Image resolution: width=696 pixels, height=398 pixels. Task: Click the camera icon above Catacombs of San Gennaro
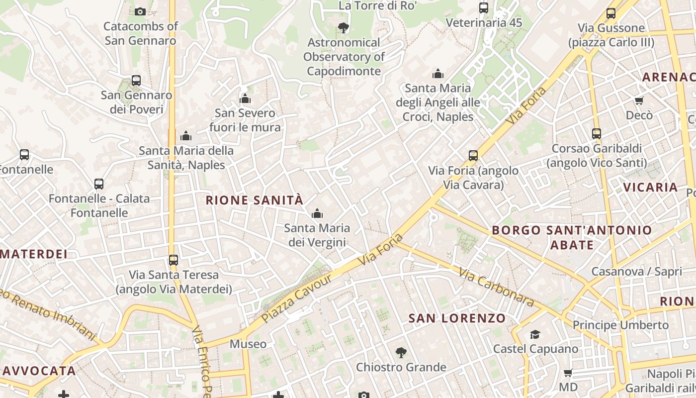pos(140,11)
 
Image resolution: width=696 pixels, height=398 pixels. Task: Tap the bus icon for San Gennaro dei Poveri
pos(136,80)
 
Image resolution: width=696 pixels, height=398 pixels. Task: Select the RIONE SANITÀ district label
pos(254,200)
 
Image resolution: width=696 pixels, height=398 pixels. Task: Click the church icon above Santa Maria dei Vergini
pos(317,214)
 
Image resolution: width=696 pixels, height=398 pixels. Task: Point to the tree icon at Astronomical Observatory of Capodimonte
pos(343,27)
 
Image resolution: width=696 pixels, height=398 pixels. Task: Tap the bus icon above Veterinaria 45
pos(483,7)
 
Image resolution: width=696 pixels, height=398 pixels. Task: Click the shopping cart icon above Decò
pos(639,100)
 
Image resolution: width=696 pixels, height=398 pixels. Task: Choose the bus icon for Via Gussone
pos(611,13)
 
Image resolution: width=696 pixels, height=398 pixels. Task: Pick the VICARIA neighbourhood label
pos(651,188)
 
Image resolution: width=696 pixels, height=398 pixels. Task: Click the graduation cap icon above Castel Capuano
pos(535,334)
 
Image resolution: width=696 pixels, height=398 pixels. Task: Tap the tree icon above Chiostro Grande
pos(401,353)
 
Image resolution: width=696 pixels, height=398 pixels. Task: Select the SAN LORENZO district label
pos(457,318)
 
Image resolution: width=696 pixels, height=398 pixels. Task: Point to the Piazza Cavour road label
pos(297,298)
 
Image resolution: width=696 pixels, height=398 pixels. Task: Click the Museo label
pos(248,344)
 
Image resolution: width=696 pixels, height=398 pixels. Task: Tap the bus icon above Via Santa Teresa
pos(173,260)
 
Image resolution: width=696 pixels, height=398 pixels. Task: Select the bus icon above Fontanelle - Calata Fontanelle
pos(99,184)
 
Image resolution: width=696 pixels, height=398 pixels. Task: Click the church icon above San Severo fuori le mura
pos(245,99)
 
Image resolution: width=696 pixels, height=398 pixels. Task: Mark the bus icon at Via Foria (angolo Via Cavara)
pos(473,156)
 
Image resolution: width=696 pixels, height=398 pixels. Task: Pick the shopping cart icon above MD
pos(568,373)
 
